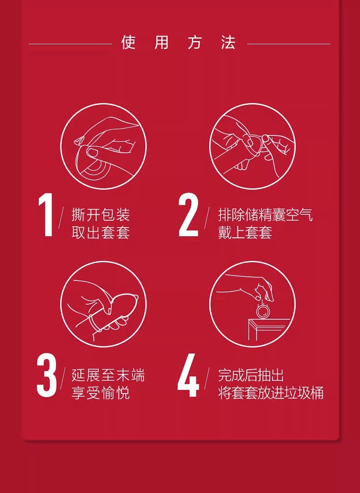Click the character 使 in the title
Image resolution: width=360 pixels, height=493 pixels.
(128, 42)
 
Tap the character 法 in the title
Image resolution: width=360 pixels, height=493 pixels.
(228, 42)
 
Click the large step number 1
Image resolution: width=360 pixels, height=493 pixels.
(46, 215)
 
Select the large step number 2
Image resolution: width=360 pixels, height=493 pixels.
(189, 215)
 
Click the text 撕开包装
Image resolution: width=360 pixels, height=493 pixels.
(101, 215)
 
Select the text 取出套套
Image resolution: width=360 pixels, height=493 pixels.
(101, 233)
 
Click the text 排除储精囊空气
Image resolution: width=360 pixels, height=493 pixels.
(266, 215)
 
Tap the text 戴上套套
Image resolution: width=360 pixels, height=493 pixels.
(245, 233)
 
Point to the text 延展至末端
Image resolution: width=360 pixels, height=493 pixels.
(108, 375)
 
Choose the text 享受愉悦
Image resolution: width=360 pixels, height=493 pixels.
(101, 393)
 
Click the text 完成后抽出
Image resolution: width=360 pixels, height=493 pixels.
(251, 375)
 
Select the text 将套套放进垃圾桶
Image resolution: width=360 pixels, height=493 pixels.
(271, 393)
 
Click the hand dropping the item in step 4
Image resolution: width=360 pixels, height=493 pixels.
(248, 288)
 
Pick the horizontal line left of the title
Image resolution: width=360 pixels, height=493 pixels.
(70, 44)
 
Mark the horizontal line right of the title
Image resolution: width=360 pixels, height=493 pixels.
(288, 44)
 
